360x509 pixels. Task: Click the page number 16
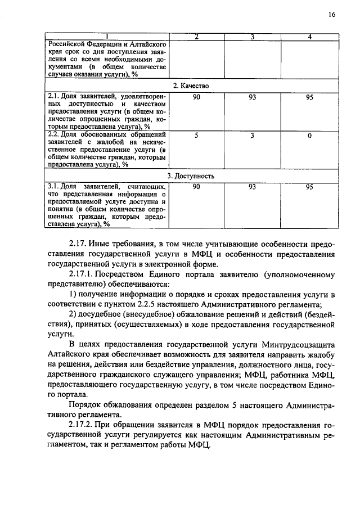pyautogui.click(x=331, y=15)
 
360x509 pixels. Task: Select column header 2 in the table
pyautogui.click(x=196, y=37)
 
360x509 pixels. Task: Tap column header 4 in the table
pyautogui.click(x=309, y=37)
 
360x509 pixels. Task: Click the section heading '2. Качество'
pyautogui.click(x=191, y=85)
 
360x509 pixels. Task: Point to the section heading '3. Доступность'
pyautogui.click(x=191, y=175)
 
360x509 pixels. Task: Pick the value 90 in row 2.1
pyautogui.click(x=196, y=97)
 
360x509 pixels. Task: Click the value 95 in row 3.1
pyautogui.click(x=309, y=187)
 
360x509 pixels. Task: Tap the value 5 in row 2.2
pyautogui.click(x=196, y=135)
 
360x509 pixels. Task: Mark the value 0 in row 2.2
pyautogui.click(x=309, y=135)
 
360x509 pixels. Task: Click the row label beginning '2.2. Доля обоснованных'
pyautogui.click(x=107, y=135)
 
